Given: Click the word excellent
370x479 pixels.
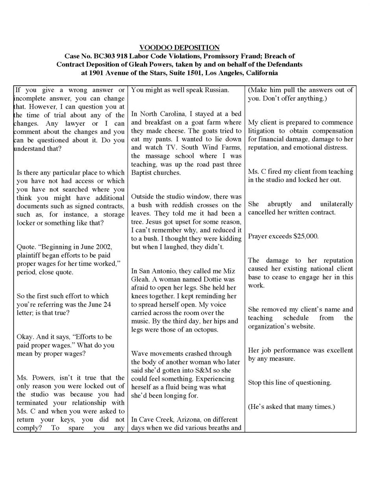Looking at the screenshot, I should click(337, 350).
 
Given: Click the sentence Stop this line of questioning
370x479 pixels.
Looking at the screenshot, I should click(289, 382).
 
